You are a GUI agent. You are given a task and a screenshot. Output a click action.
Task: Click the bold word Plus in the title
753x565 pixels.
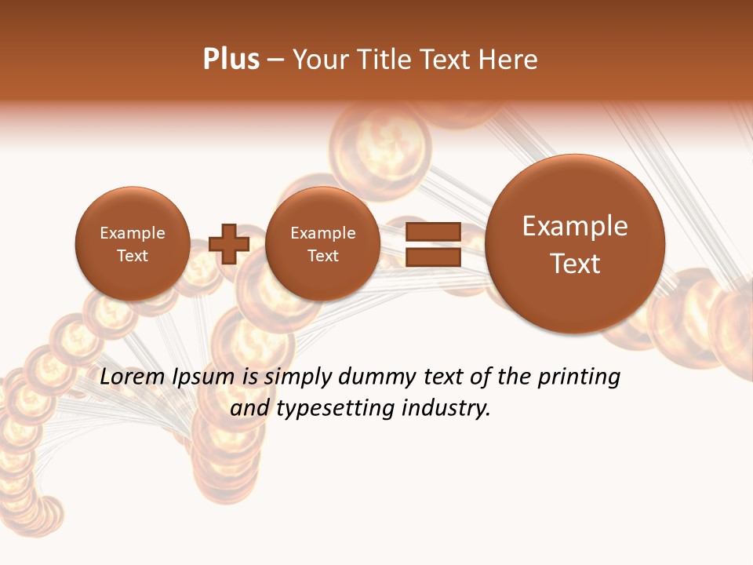(x=231, y=60)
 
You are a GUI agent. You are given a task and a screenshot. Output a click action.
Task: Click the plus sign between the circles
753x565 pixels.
(x=229, y=244)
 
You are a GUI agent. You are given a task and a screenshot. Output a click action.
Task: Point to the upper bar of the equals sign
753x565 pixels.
(x=433, y=231)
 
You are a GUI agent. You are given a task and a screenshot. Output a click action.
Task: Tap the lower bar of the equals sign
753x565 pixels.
(x=433, y=257)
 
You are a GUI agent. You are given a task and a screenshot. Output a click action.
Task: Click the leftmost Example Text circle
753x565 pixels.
(x=132, y=244)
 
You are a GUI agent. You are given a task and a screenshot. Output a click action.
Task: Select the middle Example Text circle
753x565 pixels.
(x=322, y=244)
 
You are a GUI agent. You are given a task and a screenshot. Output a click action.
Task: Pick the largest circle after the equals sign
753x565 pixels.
(x=575, y=244)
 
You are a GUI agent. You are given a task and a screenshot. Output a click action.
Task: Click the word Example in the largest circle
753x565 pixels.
(x=575, y=226)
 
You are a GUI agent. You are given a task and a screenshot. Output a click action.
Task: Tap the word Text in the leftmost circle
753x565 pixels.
(x=132, y=256)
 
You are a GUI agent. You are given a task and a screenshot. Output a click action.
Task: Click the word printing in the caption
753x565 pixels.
(x=578, y=377)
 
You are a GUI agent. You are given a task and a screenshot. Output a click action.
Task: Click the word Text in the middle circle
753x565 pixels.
(x=322, y=256)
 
